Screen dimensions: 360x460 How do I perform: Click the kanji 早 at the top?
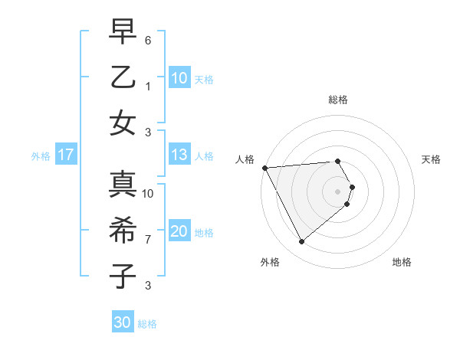pos(123,33)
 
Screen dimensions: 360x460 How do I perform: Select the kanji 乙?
pos(123,77)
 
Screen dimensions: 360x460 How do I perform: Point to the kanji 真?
pos(123,185)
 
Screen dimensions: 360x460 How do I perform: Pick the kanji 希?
pos(123,231)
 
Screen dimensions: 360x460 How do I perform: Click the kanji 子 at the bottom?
pos(123,276)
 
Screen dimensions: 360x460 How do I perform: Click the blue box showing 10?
pos(179,77)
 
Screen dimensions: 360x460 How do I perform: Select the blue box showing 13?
pos(179,155)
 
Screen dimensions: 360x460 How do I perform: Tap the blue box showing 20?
pos(179,231)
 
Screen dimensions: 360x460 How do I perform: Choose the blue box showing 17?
pos(66,155)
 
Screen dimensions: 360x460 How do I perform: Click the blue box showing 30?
pos(123,322)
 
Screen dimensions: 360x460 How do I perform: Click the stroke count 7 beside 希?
pos(148,239)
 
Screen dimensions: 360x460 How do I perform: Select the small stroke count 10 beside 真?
pos(148,194)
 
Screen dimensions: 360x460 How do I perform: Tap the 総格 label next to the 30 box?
pos(147,324)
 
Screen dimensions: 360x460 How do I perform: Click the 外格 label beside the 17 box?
pos(41,156)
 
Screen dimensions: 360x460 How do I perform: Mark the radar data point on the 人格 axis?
pos(264,168)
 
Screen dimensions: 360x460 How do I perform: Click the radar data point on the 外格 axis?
pos(301,242)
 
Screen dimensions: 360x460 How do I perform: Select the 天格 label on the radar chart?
pos(432,159)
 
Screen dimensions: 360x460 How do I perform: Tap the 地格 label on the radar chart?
pos(402,262)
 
